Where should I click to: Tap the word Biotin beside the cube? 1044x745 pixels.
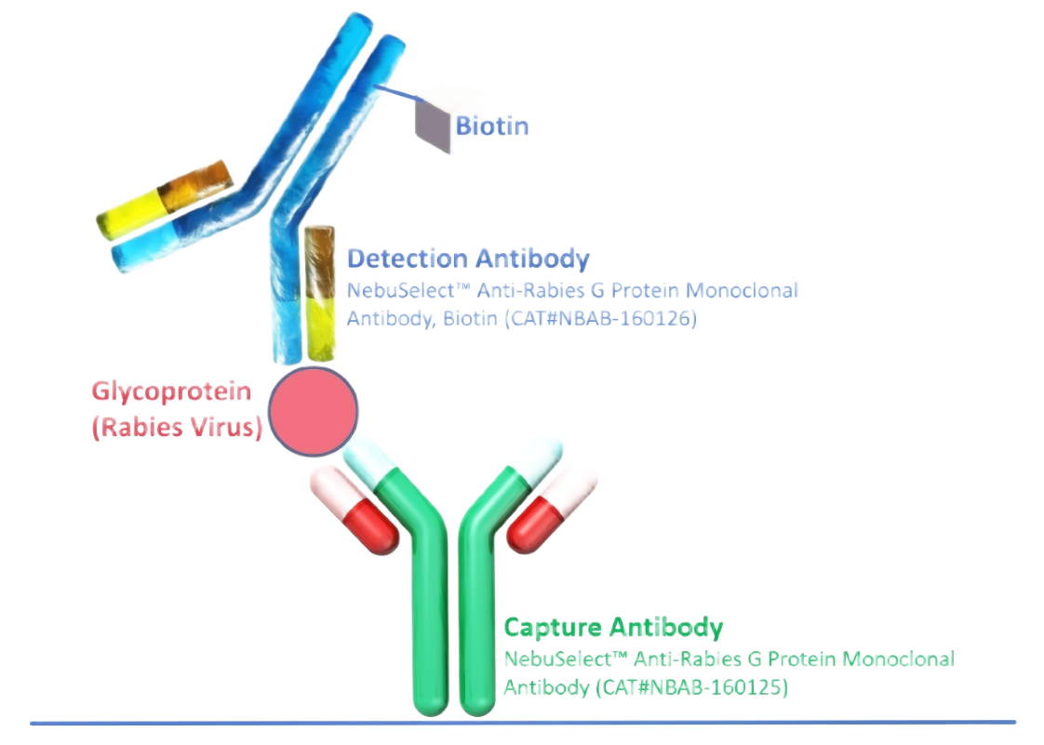click(x=491, y=125)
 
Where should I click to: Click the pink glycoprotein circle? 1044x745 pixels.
click(x=313, y=410)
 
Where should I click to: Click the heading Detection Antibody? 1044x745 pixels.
click(x=468, y=259)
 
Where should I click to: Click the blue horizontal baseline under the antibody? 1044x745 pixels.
click(x=521, y=722)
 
